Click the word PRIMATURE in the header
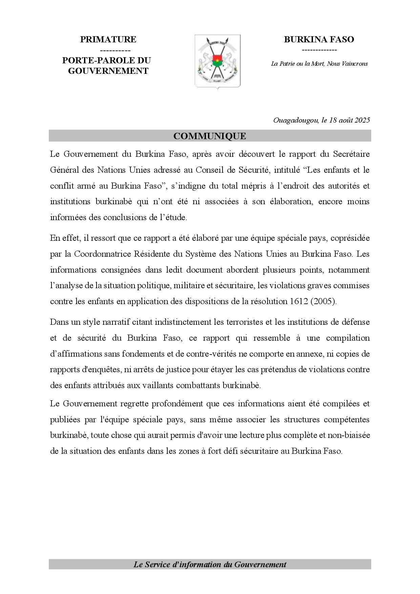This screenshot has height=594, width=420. click(x=108, y=40)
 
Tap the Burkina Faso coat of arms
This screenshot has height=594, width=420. click(x=217, y=61)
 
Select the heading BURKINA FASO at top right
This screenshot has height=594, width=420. click(x=319, y=40)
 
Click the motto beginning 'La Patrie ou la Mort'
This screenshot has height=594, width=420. click(x=319, y=64)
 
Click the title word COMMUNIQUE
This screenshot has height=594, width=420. click(x=210, y=136)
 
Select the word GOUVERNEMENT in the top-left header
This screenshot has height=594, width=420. click(x=108, y=71)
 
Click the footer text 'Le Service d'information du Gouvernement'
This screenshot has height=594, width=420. click(x=210, y=565)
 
